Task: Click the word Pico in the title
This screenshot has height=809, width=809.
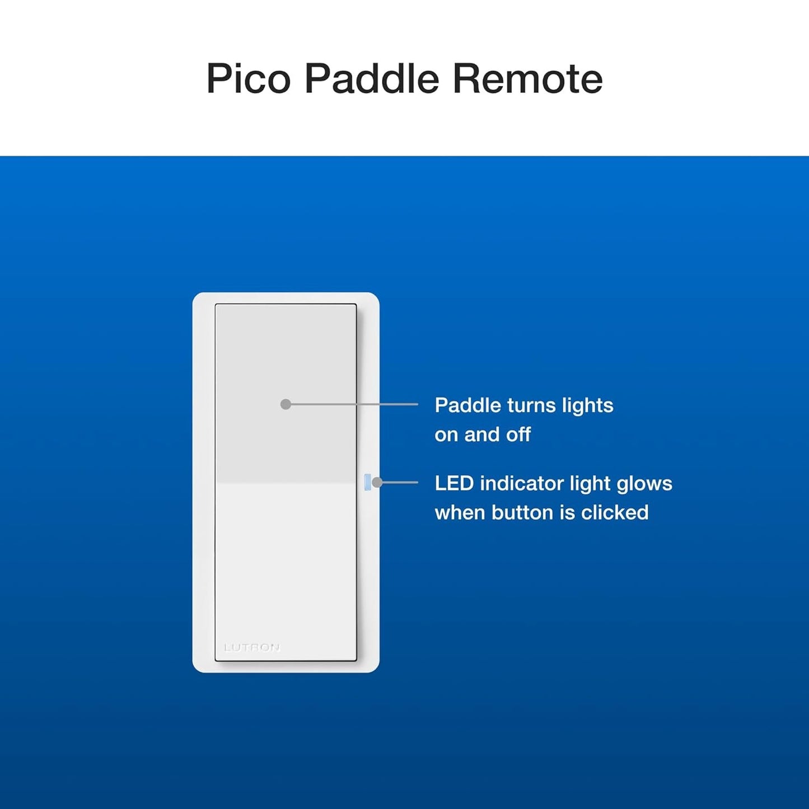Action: click(x=248, y=79)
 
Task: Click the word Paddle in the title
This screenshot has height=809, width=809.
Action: click(x=371, y=79)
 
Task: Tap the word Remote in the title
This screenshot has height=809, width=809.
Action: click(x=527, y=79)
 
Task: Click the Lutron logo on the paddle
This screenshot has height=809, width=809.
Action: click(x=252, y=648)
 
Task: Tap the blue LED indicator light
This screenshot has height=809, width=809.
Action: click(x=367, y=482)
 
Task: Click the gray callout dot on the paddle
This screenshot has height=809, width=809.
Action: click(x=286, y=404)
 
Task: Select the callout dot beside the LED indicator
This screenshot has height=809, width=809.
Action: click(x=377, y=482)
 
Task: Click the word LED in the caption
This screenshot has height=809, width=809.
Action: click(x=453, y=483)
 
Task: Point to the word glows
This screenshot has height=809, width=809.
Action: click(x=644, y=484)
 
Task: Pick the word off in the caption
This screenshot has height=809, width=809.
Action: click(x=518, y=434)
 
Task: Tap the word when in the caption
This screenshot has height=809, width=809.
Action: click(x=460, y=512)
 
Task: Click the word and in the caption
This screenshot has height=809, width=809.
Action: click(x=482, y=434)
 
